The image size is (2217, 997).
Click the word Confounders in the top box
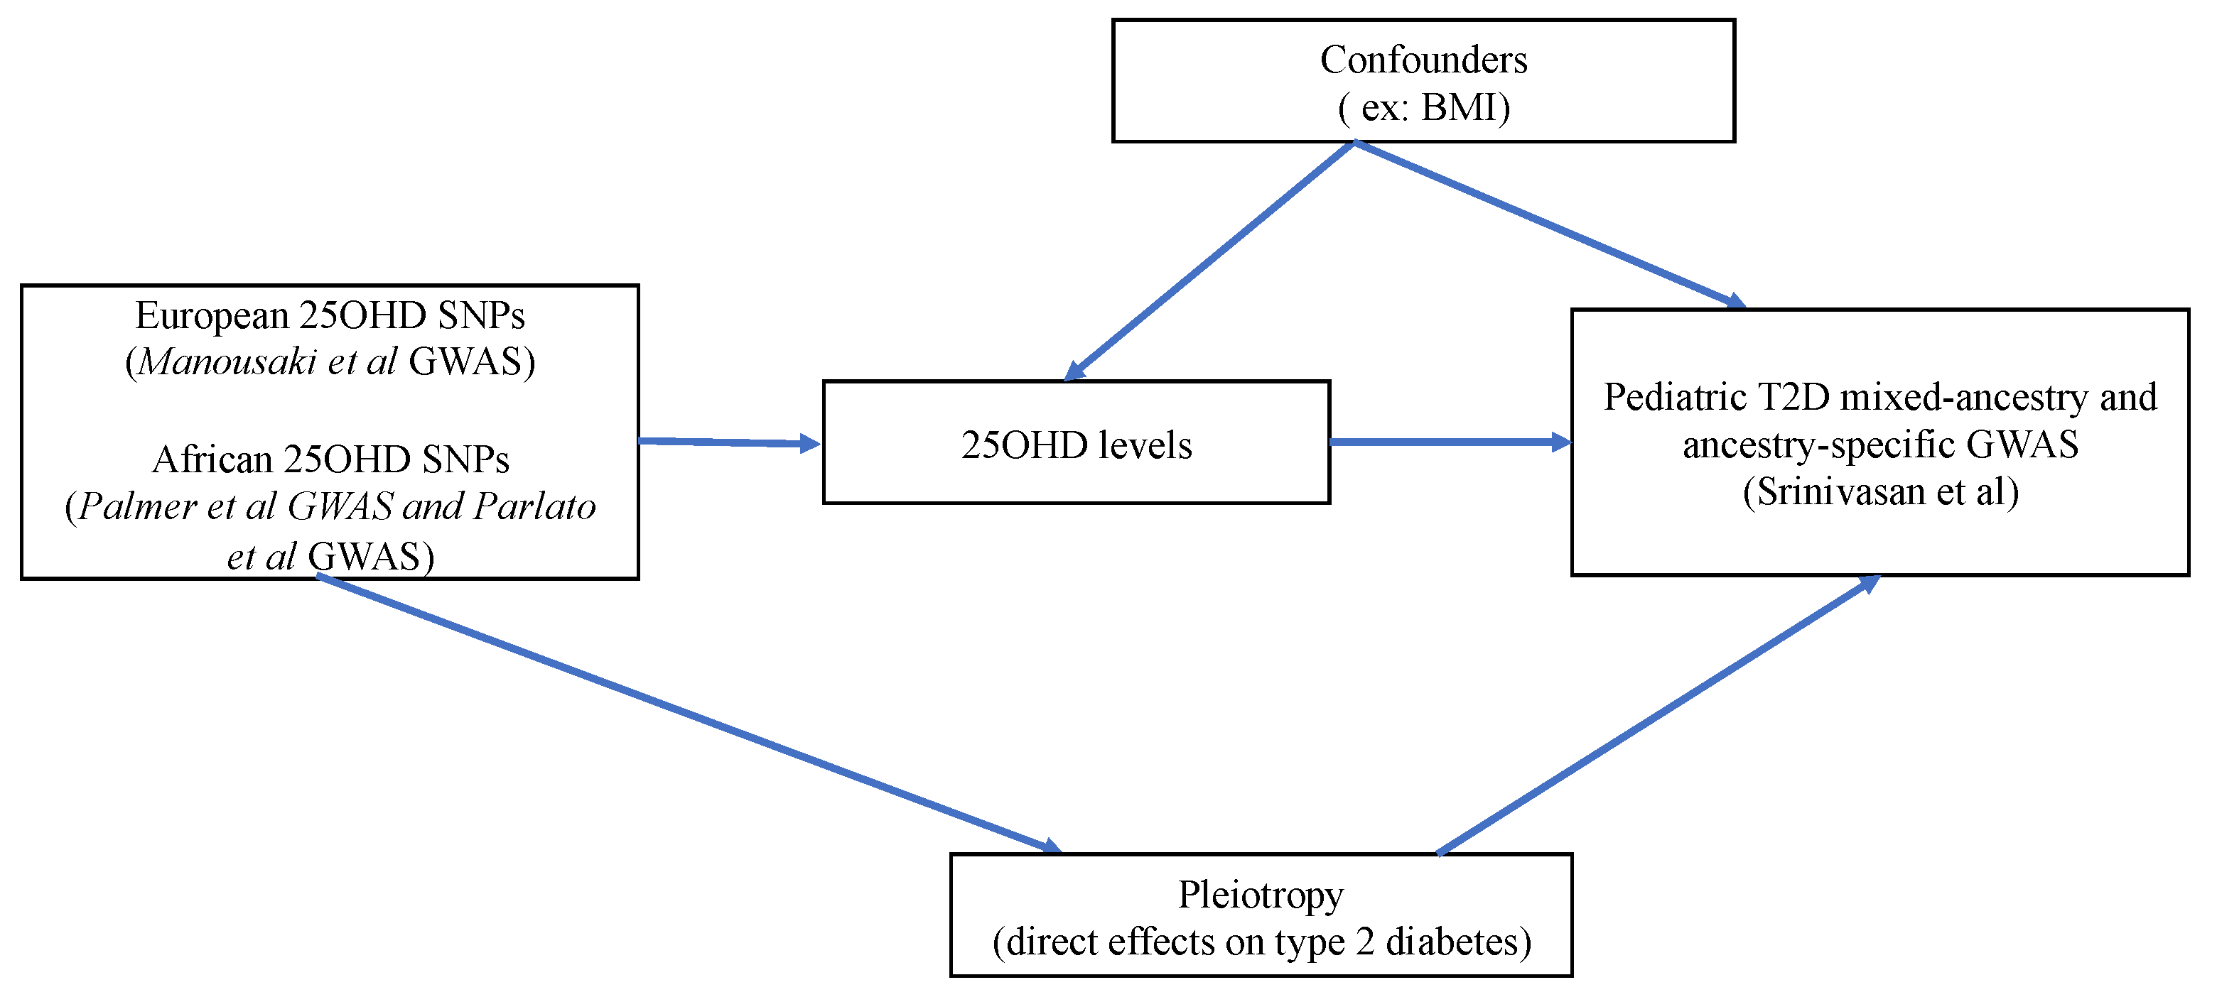point(1423,60)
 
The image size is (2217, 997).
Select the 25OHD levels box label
point(1076,445)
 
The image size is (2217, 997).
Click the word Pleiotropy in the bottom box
point(1260,895)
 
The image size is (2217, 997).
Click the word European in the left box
point(212,316)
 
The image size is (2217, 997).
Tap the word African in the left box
point(212,459)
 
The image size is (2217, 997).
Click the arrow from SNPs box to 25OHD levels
point(727,442)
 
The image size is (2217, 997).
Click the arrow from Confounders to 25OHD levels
point(1209,261)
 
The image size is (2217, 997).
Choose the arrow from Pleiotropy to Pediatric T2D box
point(1657,716)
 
